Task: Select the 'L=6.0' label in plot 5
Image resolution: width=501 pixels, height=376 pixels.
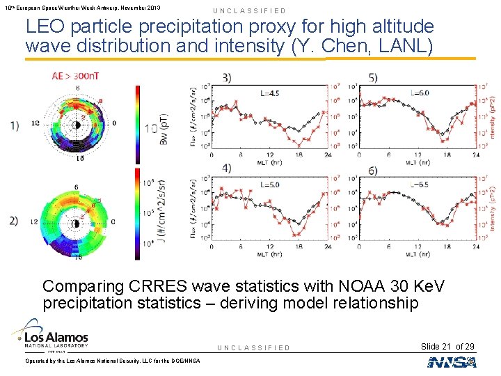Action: tap(420, 93)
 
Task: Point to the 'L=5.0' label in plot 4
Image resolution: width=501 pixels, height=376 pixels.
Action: tap(270, 185)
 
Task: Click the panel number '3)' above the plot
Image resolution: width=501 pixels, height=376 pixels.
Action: tap(228, 77)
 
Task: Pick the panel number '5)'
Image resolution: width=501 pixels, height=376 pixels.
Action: tap(374, 77)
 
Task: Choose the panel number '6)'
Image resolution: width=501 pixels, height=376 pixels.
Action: tap(374, 171)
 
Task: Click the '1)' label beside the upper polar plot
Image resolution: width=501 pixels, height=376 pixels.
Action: tap(15, 125)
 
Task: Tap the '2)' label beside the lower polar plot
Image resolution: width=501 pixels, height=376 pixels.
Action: tap(15, 221)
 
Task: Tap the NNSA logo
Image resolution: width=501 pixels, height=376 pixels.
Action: tap(452, 362)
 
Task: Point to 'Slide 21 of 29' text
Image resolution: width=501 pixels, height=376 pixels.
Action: tap(447, 347)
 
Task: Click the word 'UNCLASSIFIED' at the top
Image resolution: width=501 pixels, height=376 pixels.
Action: tap(250, 11)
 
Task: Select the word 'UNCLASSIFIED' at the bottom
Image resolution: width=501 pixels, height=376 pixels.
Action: tap(253, 347)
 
